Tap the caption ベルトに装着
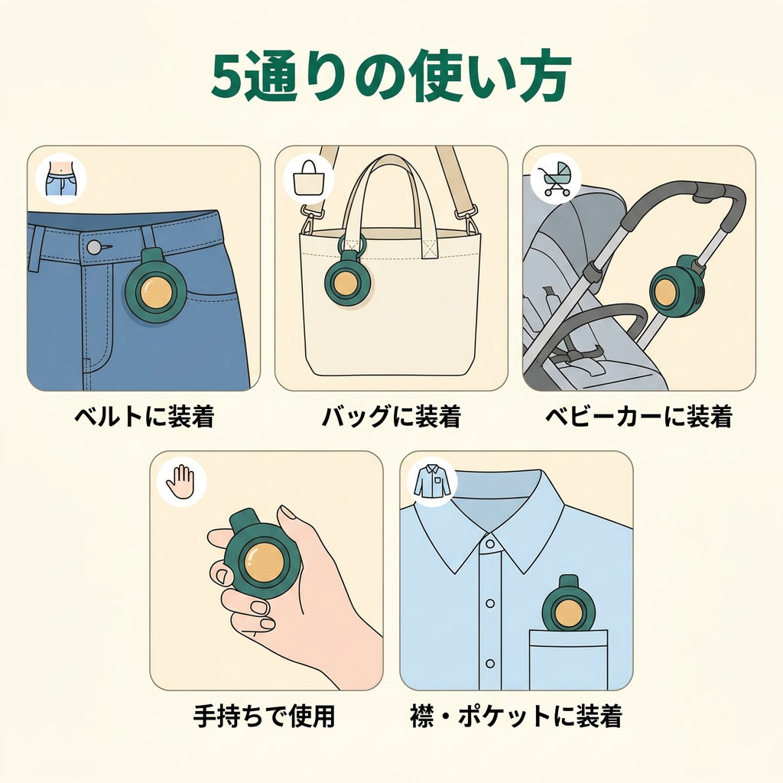[x=145, y=416]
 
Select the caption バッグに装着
[x=391, y=416]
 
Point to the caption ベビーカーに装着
[x=638, y=416]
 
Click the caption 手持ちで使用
[x=264, y=716]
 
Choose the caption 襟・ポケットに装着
[x=516, y=716]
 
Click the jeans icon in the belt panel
[x=61, y=179]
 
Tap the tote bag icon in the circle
[x=308, y=177]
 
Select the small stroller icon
[x=555, y=178]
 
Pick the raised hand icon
[x=180, y=482]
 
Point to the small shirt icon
[x=432, y=481]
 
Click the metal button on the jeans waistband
[x=93, y=247]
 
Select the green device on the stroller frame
[x=674, y=287]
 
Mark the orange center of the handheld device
[x=263, y=562]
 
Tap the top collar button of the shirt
[x=490, y=544]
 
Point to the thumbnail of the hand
[x=288, y=514]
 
